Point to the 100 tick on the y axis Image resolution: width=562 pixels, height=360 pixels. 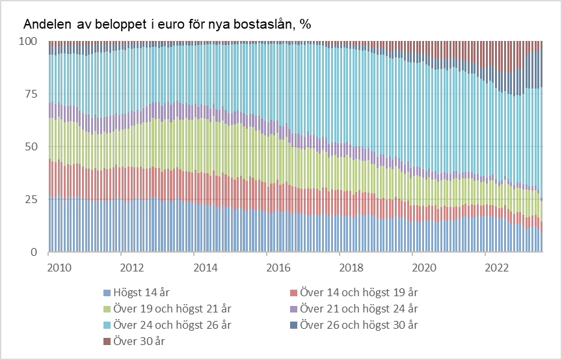click(28, 41)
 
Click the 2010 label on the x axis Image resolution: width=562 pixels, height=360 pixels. click(59, 267)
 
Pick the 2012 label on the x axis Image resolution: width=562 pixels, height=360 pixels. click(131, 267)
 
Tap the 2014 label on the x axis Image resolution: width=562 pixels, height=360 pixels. click(205, 267)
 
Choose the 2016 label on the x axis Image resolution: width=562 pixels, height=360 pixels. click(278, 267)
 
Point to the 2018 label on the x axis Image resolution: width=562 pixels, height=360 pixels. click(351, 267)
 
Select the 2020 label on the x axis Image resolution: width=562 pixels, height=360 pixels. click(424, 267)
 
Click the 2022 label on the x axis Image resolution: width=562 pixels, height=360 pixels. click(497, 267)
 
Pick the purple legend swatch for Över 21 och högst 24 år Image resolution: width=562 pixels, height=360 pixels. click(293, 307)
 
